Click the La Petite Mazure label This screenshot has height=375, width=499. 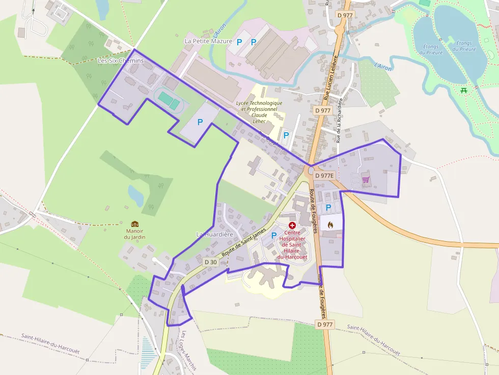(x=208, y=41)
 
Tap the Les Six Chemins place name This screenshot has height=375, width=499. (x=121, y=61)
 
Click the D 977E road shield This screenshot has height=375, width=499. (x=324, y=176)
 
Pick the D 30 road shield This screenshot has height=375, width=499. (x=211, y=262)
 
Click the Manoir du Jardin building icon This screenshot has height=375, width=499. (x=135, y=224)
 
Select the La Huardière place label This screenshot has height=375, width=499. (x=214, y=234)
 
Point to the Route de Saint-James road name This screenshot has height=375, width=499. (x=245, y=244)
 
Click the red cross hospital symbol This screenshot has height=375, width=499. (x=292, y=225)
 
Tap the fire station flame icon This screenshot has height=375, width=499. (x=330, y=224)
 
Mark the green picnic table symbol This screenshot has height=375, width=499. (x=464, y=91)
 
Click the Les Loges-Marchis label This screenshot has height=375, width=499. (x=188, y=351)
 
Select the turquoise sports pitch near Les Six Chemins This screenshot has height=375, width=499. (x=169, y=100)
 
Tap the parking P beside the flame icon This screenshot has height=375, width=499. (x=328, y=207)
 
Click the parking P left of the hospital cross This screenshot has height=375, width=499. (x=274, y=235)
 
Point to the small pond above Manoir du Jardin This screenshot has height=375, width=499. (x=136, y=195)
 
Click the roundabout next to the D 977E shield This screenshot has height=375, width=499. (x=311, y=170)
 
